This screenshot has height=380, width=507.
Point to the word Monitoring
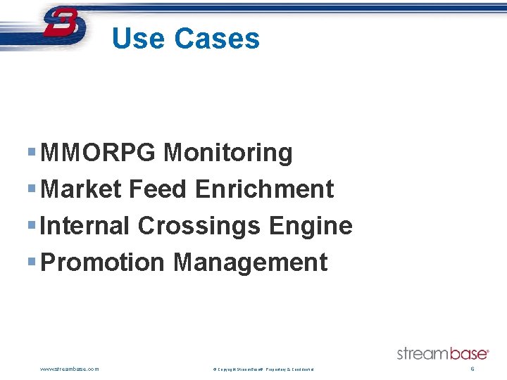[227, 153]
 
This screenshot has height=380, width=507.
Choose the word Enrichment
[265, 189]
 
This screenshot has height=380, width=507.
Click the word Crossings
[200, 226]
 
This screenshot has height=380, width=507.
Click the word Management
[250, 262]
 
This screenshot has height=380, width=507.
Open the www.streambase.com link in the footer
[70, 369]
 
